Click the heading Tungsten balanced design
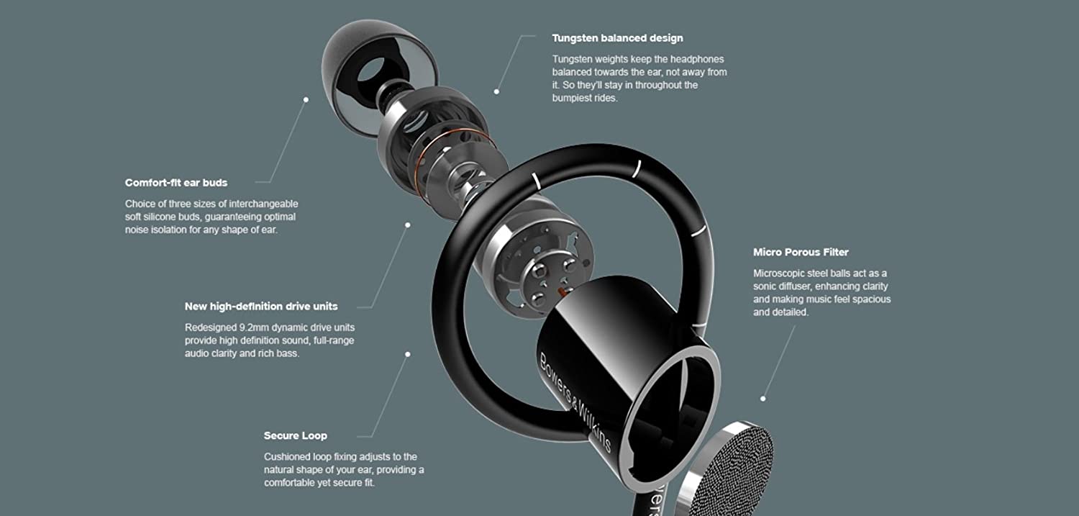click(617, 38)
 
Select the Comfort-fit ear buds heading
click(176, 183)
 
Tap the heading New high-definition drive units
click(261, 307)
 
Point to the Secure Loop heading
click(295, 435)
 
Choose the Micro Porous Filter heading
click(801, 252)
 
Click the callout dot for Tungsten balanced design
click(496, 91)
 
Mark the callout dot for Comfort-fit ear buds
click(306, 100)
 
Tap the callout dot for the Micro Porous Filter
click(763, 399)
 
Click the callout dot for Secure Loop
click(408, 354)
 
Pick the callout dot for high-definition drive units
click(408, 225)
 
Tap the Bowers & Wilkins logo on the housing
click(575, 402)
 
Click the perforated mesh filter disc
click(727, 470)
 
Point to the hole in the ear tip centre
click(371, 71)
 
